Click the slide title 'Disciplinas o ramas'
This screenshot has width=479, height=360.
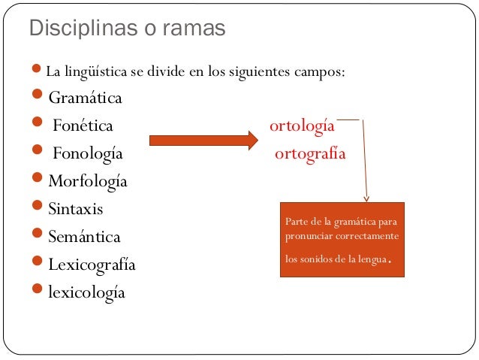[126, 29]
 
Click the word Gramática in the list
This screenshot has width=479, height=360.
[85, 98]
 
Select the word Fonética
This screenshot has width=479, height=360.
[83, 126]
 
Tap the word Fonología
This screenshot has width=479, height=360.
[87, 154]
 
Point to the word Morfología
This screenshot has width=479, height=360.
[88, 182]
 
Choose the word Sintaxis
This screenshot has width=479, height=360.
[76, 209]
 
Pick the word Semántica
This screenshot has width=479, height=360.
[84, 237]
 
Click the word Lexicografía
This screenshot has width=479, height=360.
[92, 265]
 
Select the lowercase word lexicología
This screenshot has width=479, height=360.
[86, 292]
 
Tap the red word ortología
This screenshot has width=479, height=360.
[302, 126]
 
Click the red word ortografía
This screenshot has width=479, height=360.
[310, 154]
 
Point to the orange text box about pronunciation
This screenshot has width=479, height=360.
[342, 239]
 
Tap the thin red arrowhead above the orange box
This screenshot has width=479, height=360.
[366, 198]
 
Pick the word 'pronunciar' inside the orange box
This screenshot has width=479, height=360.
[309, 237]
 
